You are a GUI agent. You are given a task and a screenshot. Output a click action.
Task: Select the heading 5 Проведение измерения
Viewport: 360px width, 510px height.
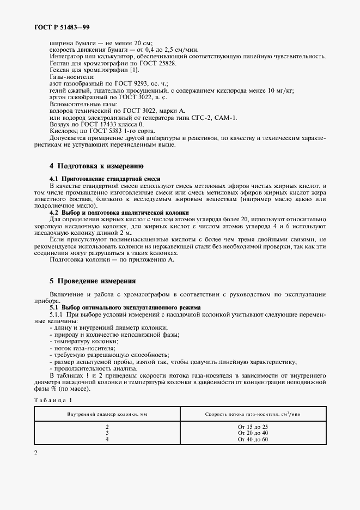tap(92, 281)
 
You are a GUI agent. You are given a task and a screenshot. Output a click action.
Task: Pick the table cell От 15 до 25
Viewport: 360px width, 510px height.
tap(253, 427)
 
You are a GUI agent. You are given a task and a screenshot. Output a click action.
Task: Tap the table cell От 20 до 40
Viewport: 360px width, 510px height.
tap(253, 433)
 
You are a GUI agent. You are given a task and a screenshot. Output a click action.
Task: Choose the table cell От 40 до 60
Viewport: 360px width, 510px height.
tap(253, 439)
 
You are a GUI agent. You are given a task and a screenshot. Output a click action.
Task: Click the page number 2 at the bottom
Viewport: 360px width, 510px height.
tap(36, 453)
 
